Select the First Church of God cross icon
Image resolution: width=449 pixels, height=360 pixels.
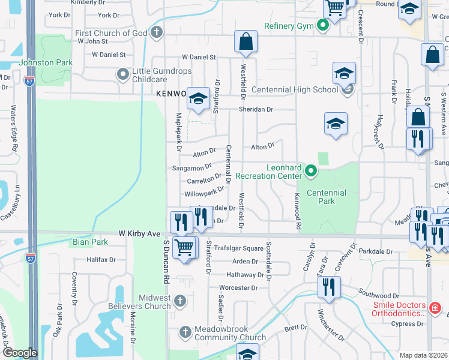(x=157, y=32)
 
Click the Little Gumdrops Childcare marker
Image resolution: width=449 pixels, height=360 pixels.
(x=123, y=74)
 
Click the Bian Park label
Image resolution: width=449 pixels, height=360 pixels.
(x=89, y=242)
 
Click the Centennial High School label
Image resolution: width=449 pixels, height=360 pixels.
(x=295, y=90)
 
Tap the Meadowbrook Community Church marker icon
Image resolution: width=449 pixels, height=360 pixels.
(x=185, y=331)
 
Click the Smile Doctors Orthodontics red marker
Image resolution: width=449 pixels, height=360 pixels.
(x=436, y=309)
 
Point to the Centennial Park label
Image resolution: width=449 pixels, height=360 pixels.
(x=326, y=197)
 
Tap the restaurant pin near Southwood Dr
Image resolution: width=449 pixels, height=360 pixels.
(x=328, y=286)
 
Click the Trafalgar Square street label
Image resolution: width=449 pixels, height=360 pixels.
(x=240, y=248)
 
